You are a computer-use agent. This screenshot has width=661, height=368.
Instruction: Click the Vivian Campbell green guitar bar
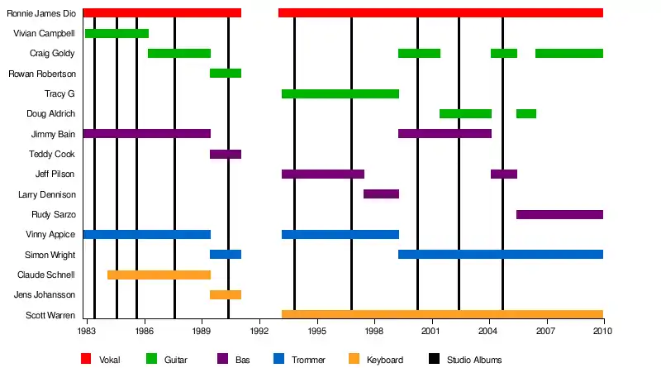tap(117, 33)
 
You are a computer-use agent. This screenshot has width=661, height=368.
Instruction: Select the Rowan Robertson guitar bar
tap(226, 74)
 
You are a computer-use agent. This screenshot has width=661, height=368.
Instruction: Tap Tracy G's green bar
tap(340, 93)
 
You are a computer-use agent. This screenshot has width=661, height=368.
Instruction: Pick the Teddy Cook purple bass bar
tap(226, 154)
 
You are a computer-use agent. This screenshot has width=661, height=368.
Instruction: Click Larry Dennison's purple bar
tap(381, 194)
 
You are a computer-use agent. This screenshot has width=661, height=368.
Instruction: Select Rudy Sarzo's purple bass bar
tap(559, 214)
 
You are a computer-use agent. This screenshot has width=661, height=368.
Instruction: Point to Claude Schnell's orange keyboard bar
tap(159, 275)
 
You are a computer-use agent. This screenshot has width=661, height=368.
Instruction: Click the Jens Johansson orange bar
tap(226, 294)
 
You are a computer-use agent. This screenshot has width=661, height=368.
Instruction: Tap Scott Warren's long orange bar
tap(442, 314)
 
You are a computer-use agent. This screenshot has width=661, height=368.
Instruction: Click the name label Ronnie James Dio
tap(41, 13)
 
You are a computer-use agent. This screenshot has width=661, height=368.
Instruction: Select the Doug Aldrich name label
tap(52, 113)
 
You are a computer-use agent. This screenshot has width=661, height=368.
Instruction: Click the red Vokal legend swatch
tap(86, 359)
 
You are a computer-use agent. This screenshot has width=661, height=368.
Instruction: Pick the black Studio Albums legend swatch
tap(435, 359)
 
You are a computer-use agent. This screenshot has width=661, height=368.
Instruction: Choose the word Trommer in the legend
tap(308, 360)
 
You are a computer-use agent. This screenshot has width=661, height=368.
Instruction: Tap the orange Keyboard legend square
tap(354, 359)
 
